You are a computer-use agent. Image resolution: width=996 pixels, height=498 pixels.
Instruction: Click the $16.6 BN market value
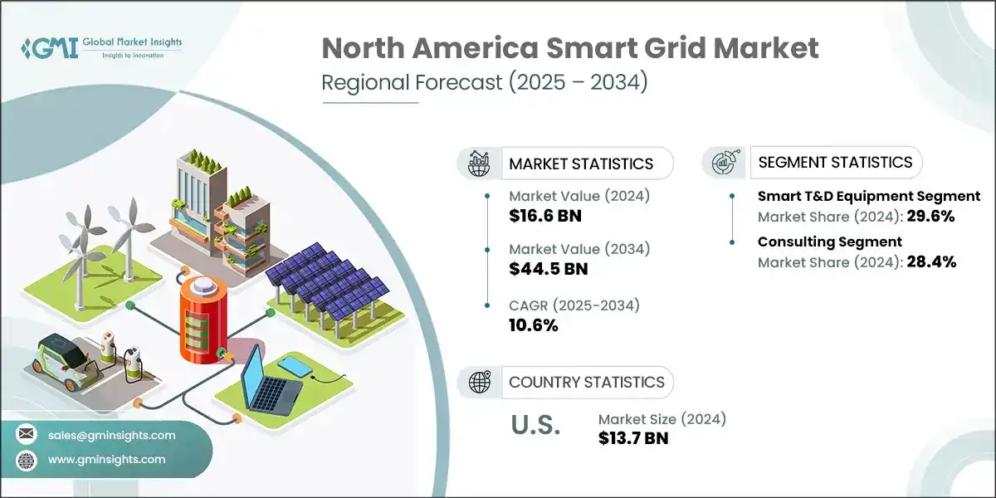click(545, 217)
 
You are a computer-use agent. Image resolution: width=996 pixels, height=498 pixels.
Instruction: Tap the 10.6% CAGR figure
click(533, 325)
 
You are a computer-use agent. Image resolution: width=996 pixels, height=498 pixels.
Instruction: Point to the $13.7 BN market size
click(633, 438)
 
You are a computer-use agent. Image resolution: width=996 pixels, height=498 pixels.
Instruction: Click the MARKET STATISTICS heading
click(581, 164)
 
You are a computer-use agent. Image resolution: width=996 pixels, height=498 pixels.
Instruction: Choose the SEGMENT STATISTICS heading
click(836, 163)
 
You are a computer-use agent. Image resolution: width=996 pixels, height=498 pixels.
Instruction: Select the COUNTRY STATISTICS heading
click(587, 383)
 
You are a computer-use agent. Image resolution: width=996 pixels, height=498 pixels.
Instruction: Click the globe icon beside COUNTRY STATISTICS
click(479, 383)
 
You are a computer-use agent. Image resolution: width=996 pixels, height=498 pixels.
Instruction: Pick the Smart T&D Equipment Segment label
click(869, 197)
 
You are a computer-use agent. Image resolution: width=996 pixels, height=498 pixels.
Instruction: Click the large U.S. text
click(535, 427)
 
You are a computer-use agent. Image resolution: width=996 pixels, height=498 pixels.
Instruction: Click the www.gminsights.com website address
click(107, 459)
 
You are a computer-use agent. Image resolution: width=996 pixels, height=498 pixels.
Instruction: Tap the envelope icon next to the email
click(27, 435)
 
